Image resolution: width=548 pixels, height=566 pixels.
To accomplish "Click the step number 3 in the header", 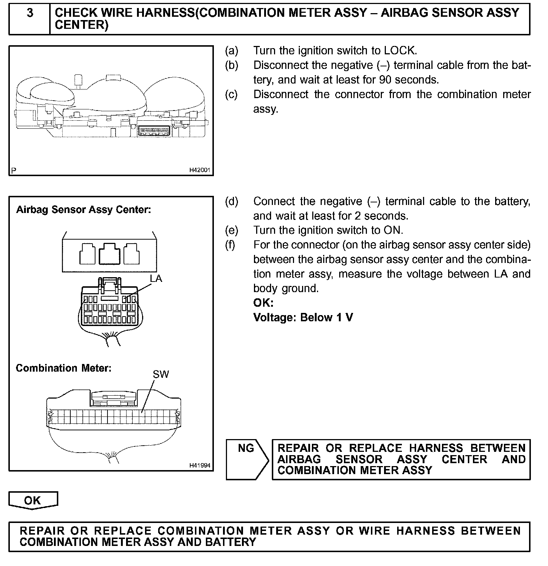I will click(30, 13).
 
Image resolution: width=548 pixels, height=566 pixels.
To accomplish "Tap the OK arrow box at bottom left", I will click(33, 500).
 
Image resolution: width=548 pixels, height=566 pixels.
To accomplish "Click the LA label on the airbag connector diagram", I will click(156, 279).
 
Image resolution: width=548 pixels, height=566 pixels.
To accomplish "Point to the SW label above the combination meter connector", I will click(161, 374).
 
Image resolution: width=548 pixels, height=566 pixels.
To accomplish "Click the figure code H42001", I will click(200, 170).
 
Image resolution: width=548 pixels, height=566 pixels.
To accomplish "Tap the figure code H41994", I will click(200, 465).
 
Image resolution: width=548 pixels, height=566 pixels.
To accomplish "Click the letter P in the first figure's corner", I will click(14, 170).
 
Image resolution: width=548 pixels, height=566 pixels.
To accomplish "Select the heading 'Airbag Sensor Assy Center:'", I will click(83, 210).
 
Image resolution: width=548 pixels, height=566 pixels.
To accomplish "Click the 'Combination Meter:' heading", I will click(63, 368).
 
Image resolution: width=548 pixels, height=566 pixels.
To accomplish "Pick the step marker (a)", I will click(231, 50).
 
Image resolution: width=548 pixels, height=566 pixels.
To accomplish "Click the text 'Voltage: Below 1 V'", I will click(303, 318).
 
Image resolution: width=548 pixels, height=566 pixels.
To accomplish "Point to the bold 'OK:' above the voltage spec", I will click(263, 303).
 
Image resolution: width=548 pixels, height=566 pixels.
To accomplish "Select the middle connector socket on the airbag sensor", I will click(109, 254).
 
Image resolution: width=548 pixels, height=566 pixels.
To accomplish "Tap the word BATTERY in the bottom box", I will click(231, 542).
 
